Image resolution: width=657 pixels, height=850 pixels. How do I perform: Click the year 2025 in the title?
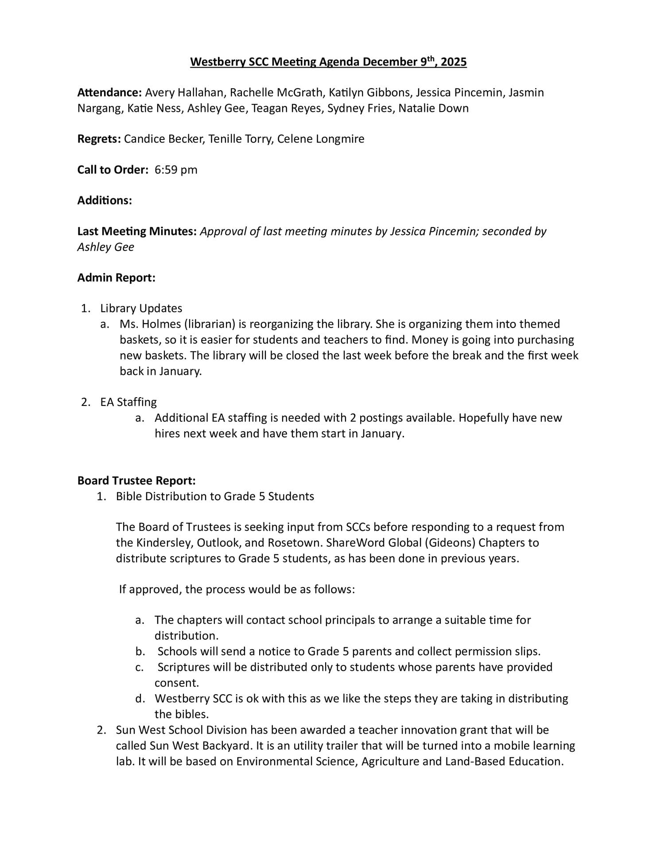(x=454, y=62)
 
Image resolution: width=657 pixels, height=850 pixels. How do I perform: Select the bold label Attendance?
(x=109, y=93)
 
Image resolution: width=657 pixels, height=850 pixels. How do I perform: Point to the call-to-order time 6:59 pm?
(x=176, y=170)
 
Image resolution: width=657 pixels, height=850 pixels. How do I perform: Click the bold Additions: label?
(x=105, y=201)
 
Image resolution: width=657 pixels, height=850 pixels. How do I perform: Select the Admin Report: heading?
(x=116, y=278)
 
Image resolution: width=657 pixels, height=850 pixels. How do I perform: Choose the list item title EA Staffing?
(x=128, y=402)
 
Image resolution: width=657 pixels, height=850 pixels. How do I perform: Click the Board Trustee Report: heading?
(x=136, y=481)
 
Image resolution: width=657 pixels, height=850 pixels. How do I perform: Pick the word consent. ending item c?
(x=177, y=683)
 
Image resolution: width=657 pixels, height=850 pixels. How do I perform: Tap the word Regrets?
(x=99, y=139)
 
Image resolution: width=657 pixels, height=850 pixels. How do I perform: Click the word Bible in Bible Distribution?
(x=129, y=496)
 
